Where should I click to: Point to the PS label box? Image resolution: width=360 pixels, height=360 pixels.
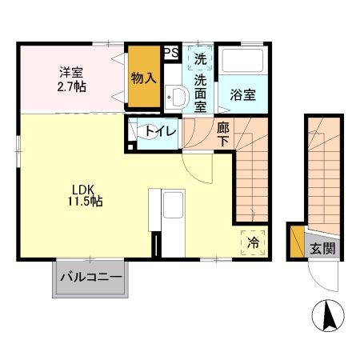click(x=170, y=53)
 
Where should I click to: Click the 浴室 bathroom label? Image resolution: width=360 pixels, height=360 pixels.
click(x=243, y=94)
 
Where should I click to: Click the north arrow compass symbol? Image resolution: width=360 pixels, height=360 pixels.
click(x=328, y=315)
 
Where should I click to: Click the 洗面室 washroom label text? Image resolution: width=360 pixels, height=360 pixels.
click(x=201, y=90)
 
